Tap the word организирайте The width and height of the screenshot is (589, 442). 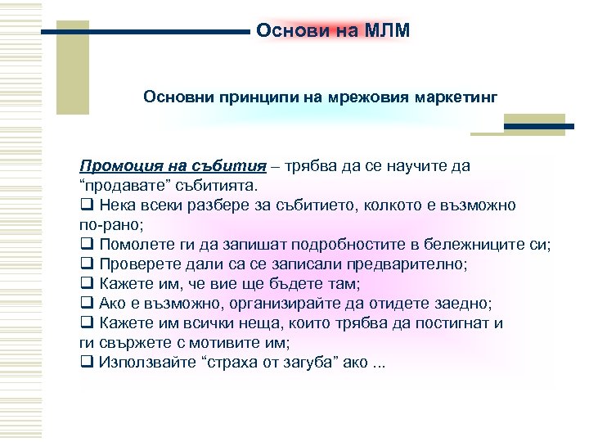(286, 303)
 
